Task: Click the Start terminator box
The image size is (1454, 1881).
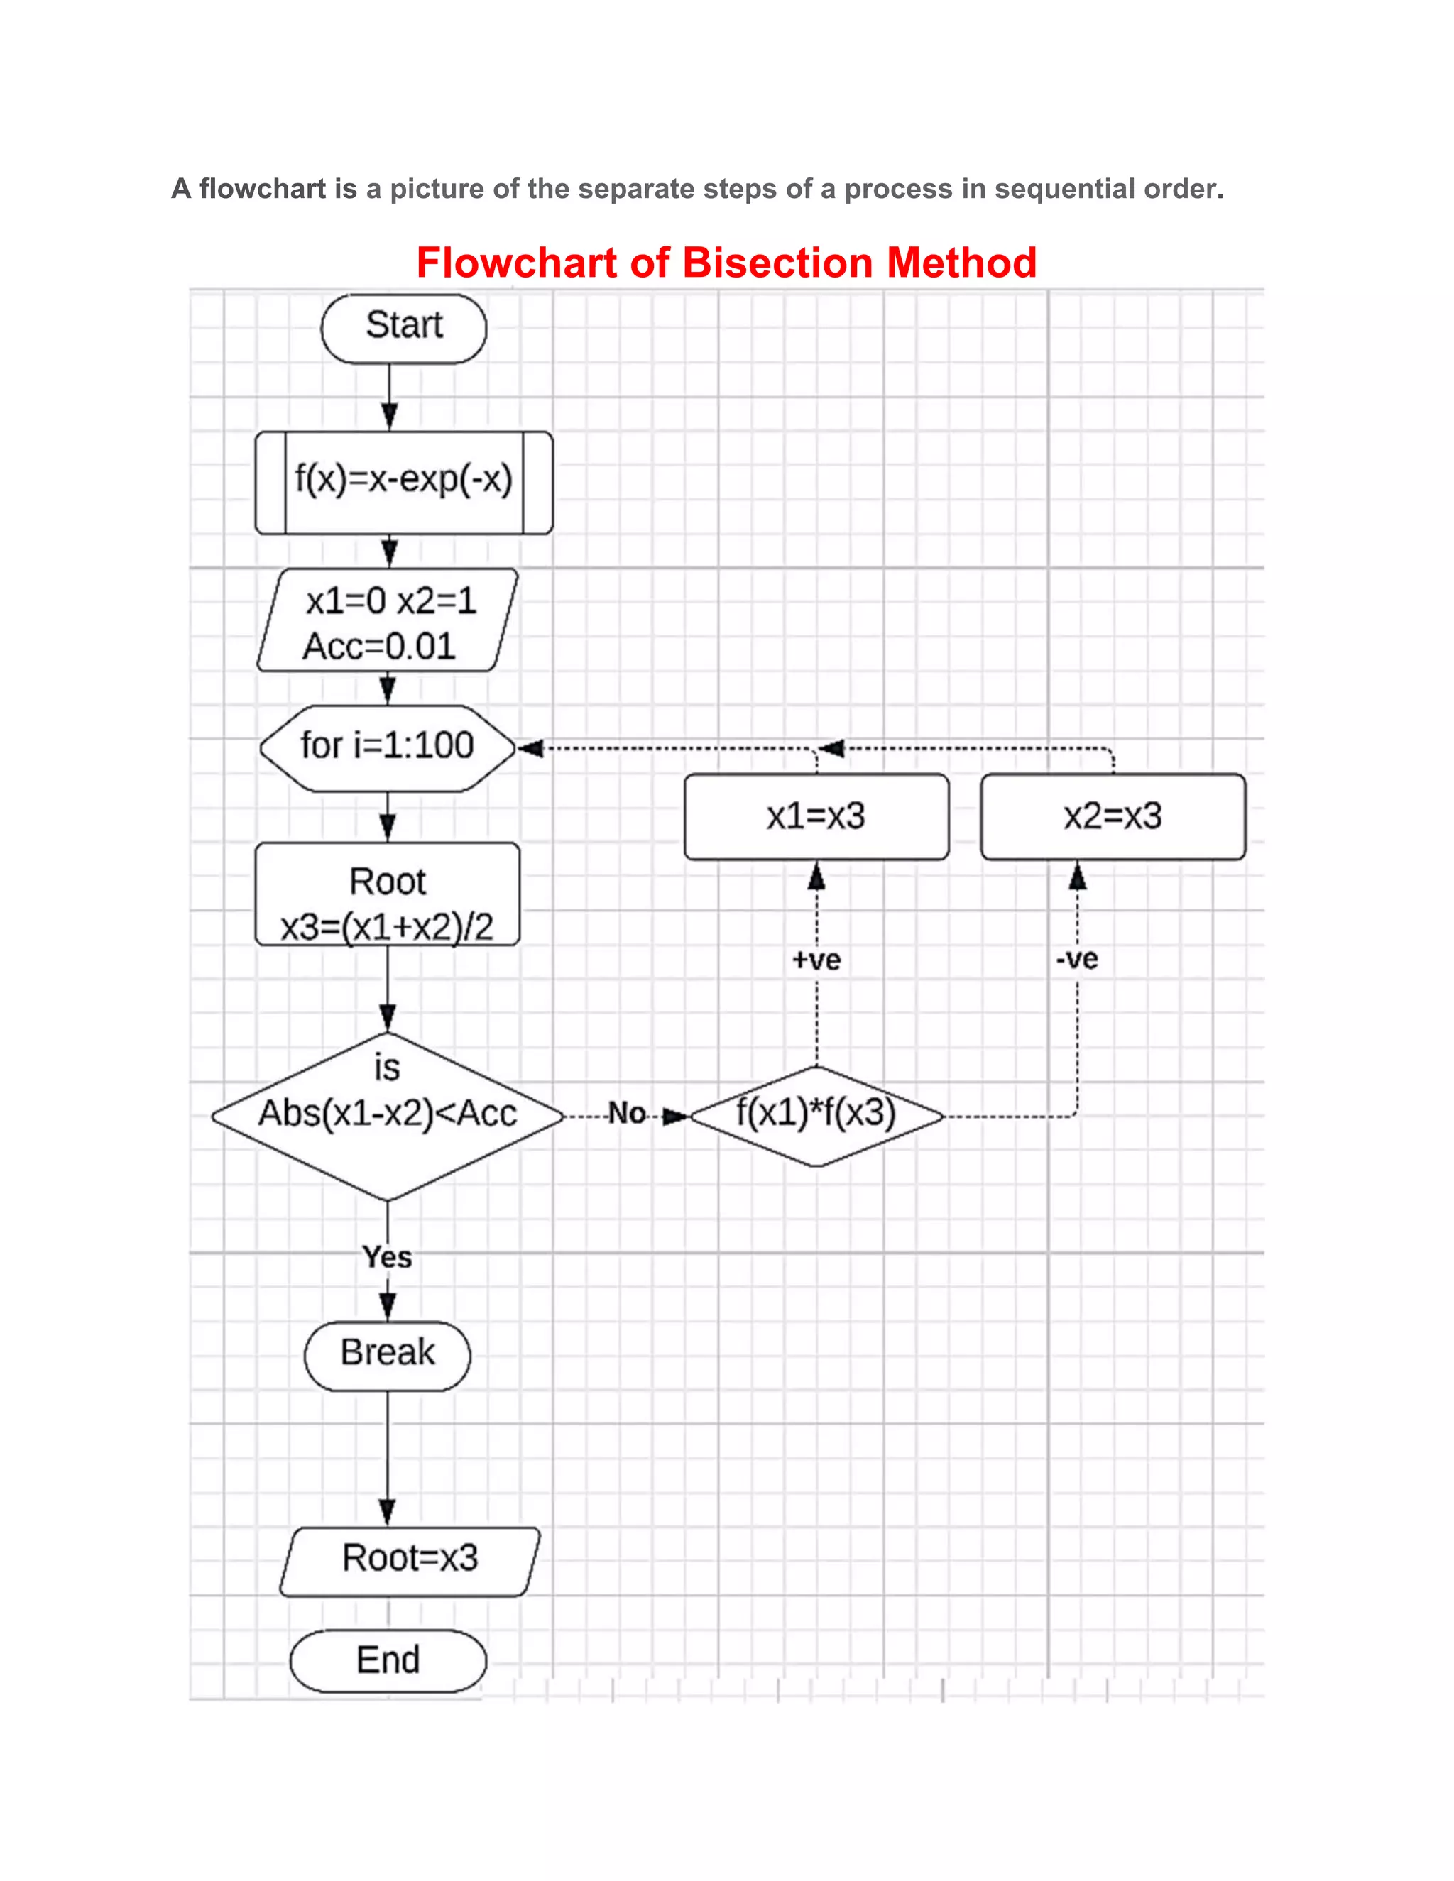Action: pos(403,327)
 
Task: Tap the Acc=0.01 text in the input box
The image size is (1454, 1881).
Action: pos(379,647)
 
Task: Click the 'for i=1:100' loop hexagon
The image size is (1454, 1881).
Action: pos(388,747)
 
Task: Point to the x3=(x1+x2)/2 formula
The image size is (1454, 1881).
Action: pos(388,927)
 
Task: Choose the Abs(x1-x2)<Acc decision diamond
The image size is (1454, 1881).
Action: pos(388,1114)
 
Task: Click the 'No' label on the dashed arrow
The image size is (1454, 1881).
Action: pos(626,1114)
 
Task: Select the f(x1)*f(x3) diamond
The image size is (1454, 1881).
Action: pos(816,1114)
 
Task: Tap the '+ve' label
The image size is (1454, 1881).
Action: pos(816,960)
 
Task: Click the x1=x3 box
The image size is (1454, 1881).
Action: pos(816,816)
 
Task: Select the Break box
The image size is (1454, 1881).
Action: pos(388,1353)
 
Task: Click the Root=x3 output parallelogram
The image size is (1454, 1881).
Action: pos(410,1558)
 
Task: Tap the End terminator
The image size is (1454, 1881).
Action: pos(388,1660)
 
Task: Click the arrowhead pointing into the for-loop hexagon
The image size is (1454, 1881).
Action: pos(530,748)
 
